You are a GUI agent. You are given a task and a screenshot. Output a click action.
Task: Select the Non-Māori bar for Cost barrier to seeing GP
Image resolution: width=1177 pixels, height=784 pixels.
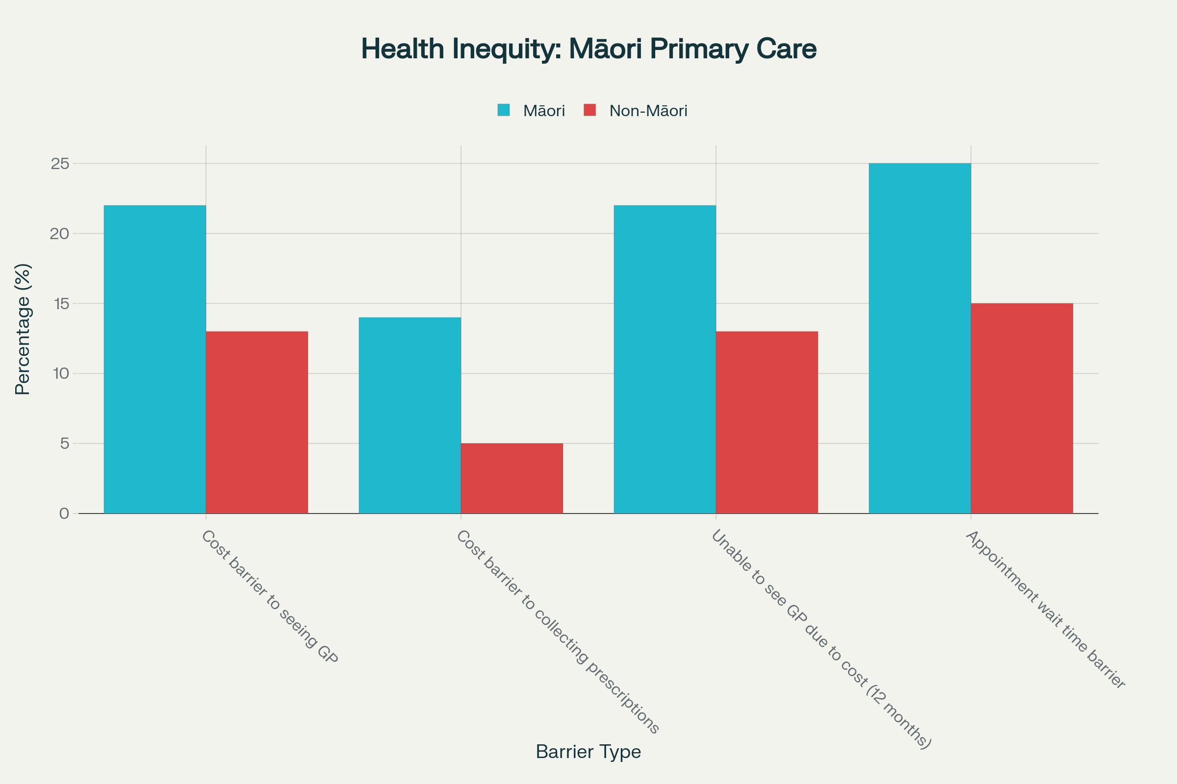point(256,422)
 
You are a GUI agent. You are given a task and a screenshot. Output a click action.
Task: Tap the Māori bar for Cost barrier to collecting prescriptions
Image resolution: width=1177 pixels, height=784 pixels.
point(410,415)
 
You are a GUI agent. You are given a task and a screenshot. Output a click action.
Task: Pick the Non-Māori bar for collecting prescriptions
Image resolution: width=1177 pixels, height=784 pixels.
point(512,478)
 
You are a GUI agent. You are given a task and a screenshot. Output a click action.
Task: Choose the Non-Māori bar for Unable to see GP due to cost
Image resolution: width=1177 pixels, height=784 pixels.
point(767,422)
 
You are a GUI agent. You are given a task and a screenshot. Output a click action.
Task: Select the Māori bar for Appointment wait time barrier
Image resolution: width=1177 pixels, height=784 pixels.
point(920,338)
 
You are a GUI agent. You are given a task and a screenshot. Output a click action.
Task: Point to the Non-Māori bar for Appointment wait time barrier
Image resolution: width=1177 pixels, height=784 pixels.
point(1022,408)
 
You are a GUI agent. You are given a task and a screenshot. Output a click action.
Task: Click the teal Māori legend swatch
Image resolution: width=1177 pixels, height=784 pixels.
point(504,110)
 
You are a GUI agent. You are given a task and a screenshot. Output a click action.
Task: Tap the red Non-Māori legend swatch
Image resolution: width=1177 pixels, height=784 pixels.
point(590,110)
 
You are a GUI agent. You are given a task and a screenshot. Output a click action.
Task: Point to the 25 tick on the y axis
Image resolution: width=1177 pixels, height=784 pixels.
point(60,164)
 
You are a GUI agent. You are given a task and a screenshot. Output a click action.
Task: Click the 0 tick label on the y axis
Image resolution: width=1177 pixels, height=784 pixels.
point(64,514)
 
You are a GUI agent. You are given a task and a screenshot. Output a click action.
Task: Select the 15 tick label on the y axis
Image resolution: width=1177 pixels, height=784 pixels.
point(60,303)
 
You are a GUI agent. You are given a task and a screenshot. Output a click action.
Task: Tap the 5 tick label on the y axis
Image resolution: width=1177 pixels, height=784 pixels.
point(64,443)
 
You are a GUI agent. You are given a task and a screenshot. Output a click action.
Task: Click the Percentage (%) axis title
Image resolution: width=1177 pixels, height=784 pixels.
point(23,329)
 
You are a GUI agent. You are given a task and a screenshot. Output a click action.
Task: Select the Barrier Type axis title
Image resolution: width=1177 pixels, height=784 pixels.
point(588,752)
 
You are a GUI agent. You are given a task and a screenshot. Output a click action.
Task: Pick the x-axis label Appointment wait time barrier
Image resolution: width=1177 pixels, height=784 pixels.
point(1045,610)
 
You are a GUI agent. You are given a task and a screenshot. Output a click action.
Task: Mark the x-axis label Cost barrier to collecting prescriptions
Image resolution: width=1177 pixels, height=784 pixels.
point(558,632)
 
